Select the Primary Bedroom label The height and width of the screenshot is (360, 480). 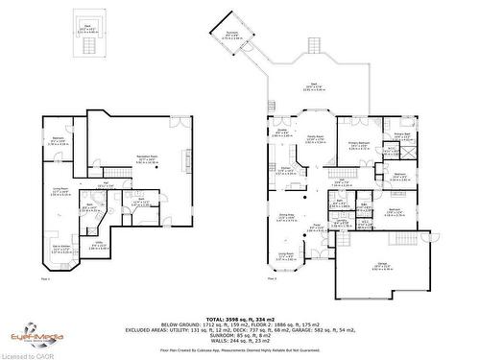point(359,147)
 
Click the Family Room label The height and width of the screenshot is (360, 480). point(314,138)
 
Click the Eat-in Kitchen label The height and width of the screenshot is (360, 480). point(60,252)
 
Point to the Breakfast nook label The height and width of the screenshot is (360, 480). point(282,135)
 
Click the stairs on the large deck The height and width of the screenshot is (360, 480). point(313,47)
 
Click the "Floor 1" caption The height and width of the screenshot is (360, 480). point(46,279)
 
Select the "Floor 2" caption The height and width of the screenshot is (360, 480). point(271,279)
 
